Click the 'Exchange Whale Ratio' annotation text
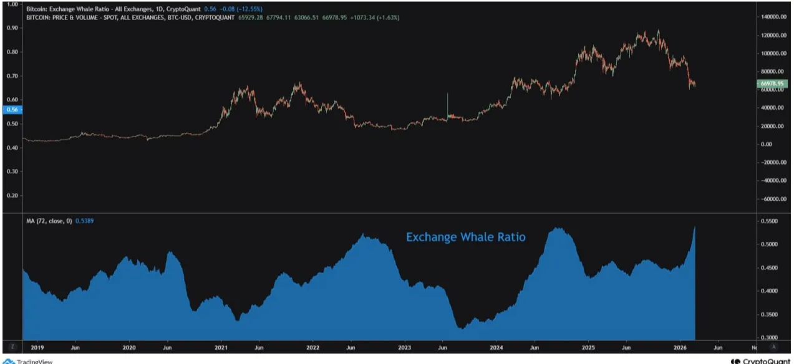pyautogui.click(x=465, y=237)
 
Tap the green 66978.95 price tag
pyautogui.click(x=773, y=84)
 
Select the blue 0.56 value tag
pyautogui.click(x=11, y=110)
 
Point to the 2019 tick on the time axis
pyautogui.click(x=37, y=347)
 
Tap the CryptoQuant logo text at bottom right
pyautogui.click(x=762, y=361)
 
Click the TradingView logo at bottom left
pyautogui.click(x=28, y=361)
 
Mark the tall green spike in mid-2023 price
pyautogui.click(x=448, y=103)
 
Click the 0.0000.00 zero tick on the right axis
pyautogui.click(x=775, y=144)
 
